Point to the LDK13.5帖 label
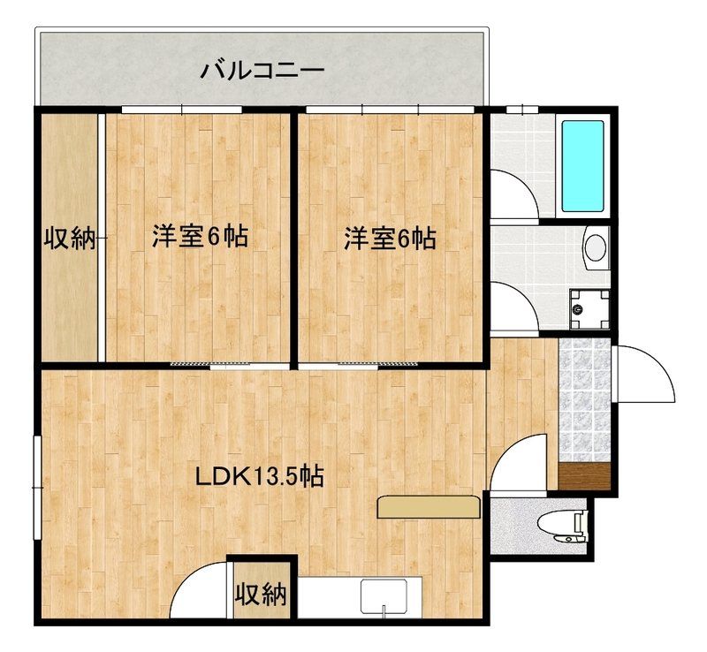point(258,478)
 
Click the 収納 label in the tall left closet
point(70,238)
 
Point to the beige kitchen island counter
point(428,507)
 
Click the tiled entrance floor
point(584,398)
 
